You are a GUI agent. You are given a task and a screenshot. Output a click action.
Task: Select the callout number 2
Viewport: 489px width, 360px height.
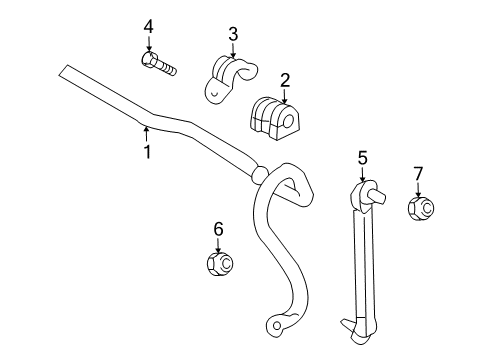coord(285,80)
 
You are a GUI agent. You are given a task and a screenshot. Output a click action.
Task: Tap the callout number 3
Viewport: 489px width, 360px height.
coord(232,36)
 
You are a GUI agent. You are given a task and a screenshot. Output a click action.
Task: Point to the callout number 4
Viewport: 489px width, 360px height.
coord(148,24)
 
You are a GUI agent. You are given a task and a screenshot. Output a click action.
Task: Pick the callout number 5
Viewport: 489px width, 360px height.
coord(362,157)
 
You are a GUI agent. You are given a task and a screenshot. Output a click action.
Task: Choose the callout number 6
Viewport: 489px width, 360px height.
coord(217,230)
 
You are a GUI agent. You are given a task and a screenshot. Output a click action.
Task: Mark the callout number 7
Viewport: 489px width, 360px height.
coord(418,174)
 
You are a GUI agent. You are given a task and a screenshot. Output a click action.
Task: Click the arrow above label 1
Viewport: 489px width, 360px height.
coord(146,130)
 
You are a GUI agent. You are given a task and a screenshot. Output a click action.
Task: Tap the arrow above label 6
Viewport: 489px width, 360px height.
coord(217,247)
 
